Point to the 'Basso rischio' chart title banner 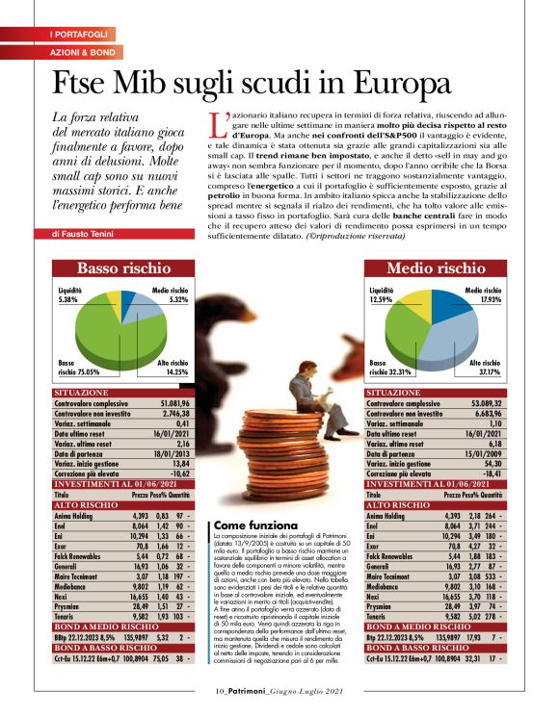click(x=123, y=268)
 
